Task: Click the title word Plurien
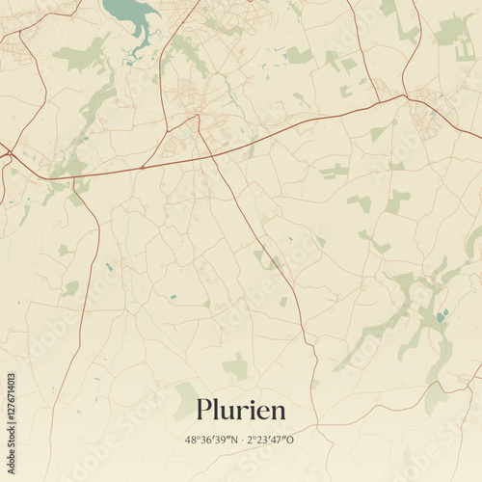click(x=241, y=410)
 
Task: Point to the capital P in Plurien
click(x=203, y=410)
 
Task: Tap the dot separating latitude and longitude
click(x=241, y=440)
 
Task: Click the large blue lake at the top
click(x=129, y=13)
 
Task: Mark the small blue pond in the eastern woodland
click(x=442, y=316)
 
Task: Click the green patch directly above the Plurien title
click(x=235, y=366)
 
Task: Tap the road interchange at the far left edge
click(x=5, y=152)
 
